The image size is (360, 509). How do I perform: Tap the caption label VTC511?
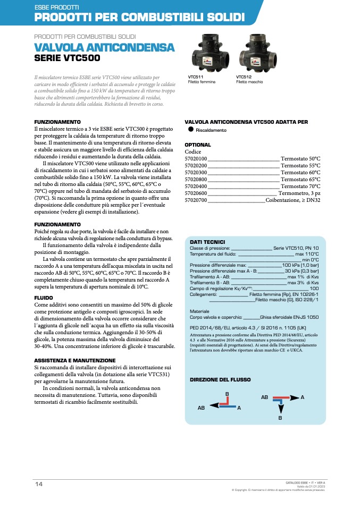point(196,77)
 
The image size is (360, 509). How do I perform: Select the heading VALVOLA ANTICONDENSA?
point(104,48)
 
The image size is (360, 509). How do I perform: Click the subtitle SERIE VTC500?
point(66,58)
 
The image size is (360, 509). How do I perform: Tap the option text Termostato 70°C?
point(300,186)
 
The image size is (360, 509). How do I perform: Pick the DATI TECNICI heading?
point(207,242)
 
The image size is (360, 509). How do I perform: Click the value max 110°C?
point(307,254)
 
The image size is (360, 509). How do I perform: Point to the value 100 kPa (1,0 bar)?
point(300,265)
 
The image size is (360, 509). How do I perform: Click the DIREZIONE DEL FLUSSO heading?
point(220,379)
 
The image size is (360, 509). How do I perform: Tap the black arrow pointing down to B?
point(280,408)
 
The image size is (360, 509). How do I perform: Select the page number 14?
point(39,483)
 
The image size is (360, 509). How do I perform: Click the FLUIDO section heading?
point(44,298)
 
